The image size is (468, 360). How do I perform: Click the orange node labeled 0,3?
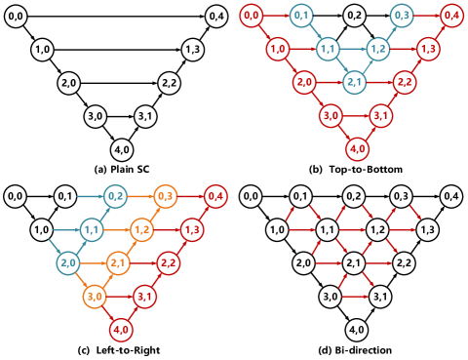pyautogui.click(x=166, y=197)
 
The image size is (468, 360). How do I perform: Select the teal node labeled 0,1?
pyautogui.click(x=301, y=16)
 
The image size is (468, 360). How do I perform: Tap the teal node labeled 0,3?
pyautogui.click(x=402, y=16)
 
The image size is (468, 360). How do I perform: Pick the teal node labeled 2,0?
pyautogui.click(x=67, y=263)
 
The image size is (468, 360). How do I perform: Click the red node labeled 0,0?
pyautogui.click(x=252, y=16)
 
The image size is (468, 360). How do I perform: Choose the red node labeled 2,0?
pyautogui.click(x=304, y=83)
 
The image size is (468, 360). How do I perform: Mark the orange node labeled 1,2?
pyautogui.click(x=142, y=230)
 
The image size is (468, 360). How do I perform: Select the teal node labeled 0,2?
pyautogui.click(x=116, y=197)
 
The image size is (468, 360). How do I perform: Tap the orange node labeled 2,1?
pyautogui.click(x=119, y=263)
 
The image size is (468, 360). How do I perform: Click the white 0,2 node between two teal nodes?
pyautogui.click(x=354, y=16)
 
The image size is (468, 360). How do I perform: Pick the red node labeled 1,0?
pyautogui.click(x=278, y=49)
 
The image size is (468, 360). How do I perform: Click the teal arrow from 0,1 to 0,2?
pyautogui.click(x=91, y=197)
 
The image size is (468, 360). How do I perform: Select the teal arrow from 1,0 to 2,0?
pyautogui.click(x=55, y=247)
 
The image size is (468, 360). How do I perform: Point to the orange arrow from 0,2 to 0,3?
pyautogui.click(x=140, y=197)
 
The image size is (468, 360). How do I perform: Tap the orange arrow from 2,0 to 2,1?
pyautogui.click(x=93, y=263)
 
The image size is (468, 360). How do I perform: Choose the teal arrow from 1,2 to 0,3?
pyautogui.click(x=390, y=32)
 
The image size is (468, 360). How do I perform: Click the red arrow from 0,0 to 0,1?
pyautogui.click(x=276, y=16)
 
